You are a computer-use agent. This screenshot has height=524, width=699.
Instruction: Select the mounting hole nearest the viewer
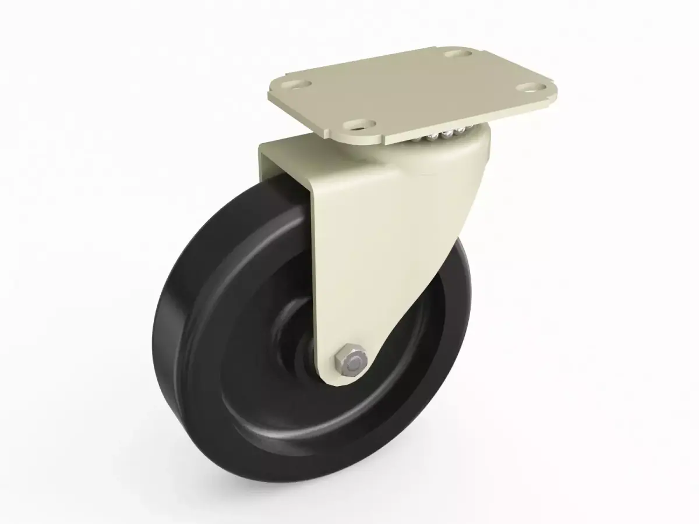361,124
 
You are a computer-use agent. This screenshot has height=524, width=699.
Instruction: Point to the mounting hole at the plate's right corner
530,88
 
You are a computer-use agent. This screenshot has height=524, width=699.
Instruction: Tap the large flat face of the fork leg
373,245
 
